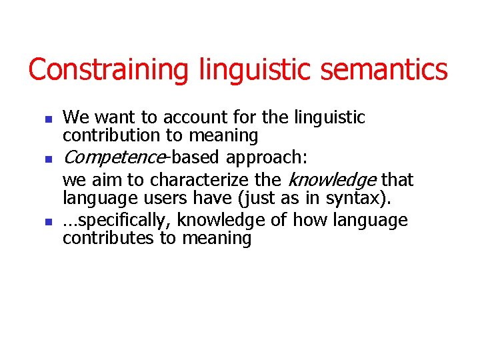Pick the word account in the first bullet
[191, 118]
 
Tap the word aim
[101, 180]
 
